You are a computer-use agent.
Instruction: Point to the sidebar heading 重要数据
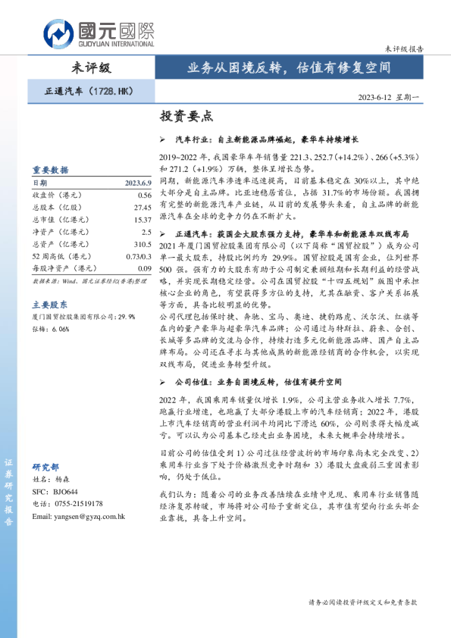[x=50, y=170]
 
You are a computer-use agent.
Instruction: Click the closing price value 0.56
[x=144, y=195]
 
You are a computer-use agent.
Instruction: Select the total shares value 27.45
[x=142, y=207]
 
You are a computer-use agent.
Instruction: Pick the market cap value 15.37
[x=142, y=219]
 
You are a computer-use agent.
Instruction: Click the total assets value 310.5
[x=142, y=244]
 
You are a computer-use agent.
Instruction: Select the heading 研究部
[x=45, y=467]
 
